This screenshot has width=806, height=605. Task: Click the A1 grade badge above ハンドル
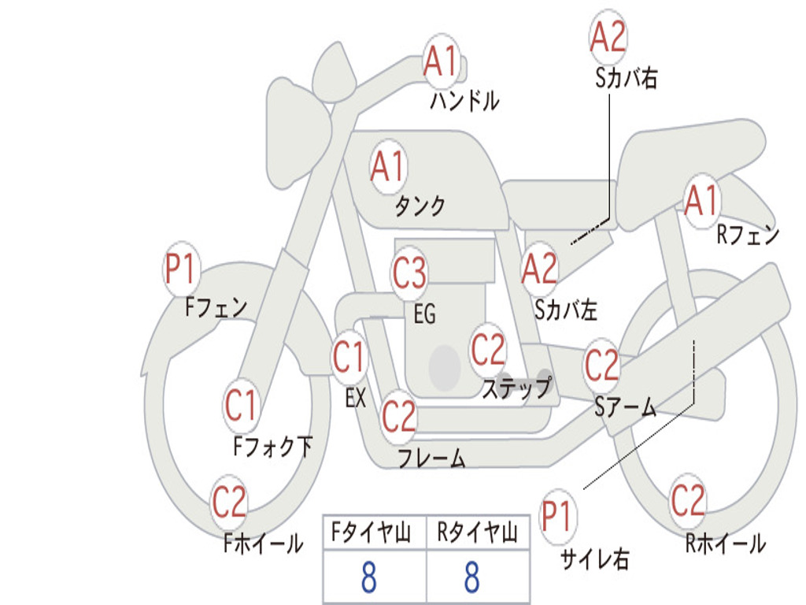tap(441, 61)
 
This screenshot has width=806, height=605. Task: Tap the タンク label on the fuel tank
tap(420, 206)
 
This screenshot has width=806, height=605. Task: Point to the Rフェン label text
tap(747, 235)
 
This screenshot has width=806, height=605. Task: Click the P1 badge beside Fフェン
tap(181, 269)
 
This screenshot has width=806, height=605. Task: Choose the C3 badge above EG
tap(409, 273)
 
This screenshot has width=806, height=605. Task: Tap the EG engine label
tap(424, 314)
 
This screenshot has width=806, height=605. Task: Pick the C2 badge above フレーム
tap(399, 415)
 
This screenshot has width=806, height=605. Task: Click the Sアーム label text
tap(625, 406)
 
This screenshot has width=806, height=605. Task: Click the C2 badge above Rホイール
tap(687, 499)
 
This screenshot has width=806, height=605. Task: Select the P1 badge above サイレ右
tap(557, 517)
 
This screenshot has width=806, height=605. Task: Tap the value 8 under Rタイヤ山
tap(471, 577)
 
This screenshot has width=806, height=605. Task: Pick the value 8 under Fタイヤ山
tap(368, 577)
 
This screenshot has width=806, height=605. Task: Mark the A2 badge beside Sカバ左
tap(540, 269)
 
